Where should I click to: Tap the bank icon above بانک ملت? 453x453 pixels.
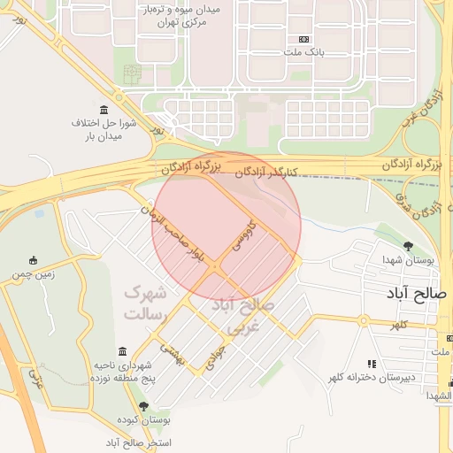click(304, 40)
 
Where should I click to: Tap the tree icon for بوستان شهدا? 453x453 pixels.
click(407, 246)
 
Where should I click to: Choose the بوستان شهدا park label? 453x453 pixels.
click(408, 260)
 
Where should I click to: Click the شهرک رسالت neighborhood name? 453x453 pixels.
click(146, 302)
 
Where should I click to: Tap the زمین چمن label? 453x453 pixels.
click(34, 275)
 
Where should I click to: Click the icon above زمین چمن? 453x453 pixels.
click(34, 260)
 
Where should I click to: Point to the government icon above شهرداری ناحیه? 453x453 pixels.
click(123, 352)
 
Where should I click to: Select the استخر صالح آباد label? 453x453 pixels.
click(138, 441)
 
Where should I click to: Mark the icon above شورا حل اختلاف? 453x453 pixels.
click(104, 110)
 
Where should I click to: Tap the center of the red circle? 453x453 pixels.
click(226, 226)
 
